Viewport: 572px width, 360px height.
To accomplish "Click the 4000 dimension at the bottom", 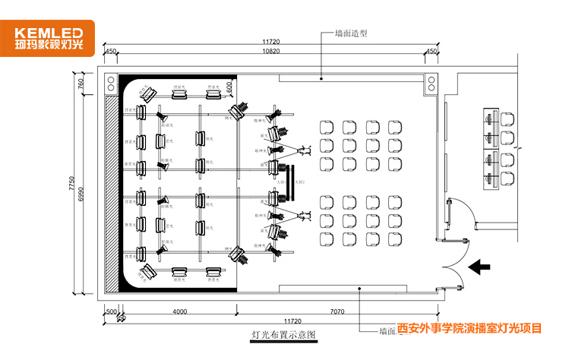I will click(179, 311).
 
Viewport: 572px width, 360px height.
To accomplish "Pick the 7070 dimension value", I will click(338, 311).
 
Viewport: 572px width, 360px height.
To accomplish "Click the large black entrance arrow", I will click(479, 267).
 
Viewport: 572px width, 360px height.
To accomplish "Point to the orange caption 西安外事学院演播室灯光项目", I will click(469, 329).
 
